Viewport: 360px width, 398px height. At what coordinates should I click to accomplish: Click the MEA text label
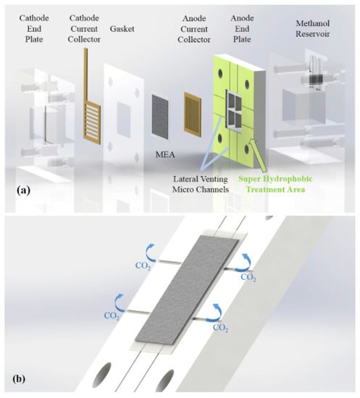[165, 154]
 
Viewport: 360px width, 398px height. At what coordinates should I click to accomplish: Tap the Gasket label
[122, 29]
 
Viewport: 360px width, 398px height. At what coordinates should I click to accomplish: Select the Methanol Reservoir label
[312, 28]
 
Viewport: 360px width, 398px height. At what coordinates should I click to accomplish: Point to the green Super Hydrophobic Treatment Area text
[275, 184]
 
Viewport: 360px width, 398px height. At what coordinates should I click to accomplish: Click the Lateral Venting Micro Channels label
[201, 184]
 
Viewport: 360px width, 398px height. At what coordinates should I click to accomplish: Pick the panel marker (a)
[23, 190]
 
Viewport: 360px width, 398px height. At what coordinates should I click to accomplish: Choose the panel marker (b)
[19, 378]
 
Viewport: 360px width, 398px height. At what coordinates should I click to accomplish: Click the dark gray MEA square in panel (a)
[160, 117]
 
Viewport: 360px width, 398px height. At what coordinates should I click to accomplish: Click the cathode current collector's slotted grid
[92, 122]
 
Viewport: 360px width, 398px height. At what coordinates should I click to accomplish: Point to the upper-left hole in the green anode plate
[220, 73]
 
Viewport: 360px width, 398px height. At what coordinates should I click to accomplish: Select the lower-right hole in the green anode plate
[246, 149]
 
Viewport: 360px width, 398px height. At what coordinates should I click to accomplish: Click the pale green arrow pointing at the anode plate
[259, 154]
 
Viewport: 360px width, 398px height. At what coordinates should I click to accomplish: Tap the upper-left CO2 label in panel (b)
[143, 266]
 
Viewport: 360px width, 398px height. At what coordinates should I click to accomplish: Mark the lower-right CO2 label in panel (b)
[220, 328]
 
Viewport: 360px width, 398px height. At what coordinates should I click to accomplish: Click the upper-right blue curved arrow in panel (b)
[245, 263]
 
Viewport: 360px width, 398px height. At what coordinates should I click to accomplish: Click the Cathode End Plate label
[34, 28]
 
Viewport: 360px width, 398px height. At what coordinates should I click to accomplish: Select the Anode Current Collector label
[194, 29]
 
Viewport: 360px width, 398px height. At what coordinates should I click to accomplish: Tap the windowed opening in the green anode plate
[234, 111]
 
